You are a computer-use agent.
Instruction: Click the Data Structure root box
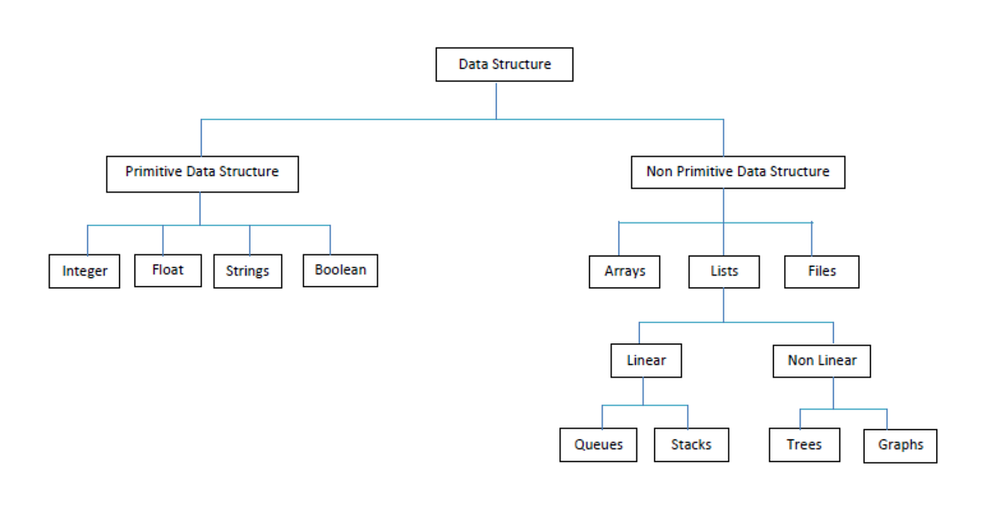[504, 65]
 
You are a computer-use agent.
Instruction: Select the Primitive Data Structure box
[202, 173]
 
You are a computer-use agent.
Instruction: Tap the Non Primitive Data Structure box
[738, 172]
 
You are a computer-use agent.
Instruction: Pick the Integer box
[84, 271]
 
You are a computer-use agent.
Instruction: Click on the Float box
[168, 271]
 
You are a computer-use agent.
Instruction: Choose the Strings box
[248, 271]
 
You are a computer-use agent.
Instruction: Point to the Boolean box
[340, 271]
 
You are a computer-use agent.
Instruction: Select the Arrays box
[624, 272]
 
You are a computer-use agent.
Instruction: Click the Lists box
[724, 272]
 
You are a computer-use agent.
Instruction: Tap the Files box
[822, 272]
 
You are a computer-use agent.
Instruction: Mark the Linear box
[646, 361]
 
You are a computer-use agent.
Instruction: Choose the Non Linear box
[822, 361]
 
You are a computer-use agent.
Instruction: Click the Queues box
[598, 445]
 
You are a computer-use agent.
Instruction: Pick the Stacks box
[691, 445]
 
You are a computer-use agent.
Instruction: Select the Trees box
[804, 445]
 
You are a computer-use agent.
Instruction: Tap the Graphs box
[900, 446]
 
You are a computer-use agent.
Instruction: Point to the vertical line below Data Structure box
[496, 100]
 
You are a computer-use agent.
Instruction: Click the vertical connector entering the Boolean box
[330, 240]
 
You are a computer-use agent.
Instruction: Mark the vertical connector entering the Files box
[812, 239]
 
